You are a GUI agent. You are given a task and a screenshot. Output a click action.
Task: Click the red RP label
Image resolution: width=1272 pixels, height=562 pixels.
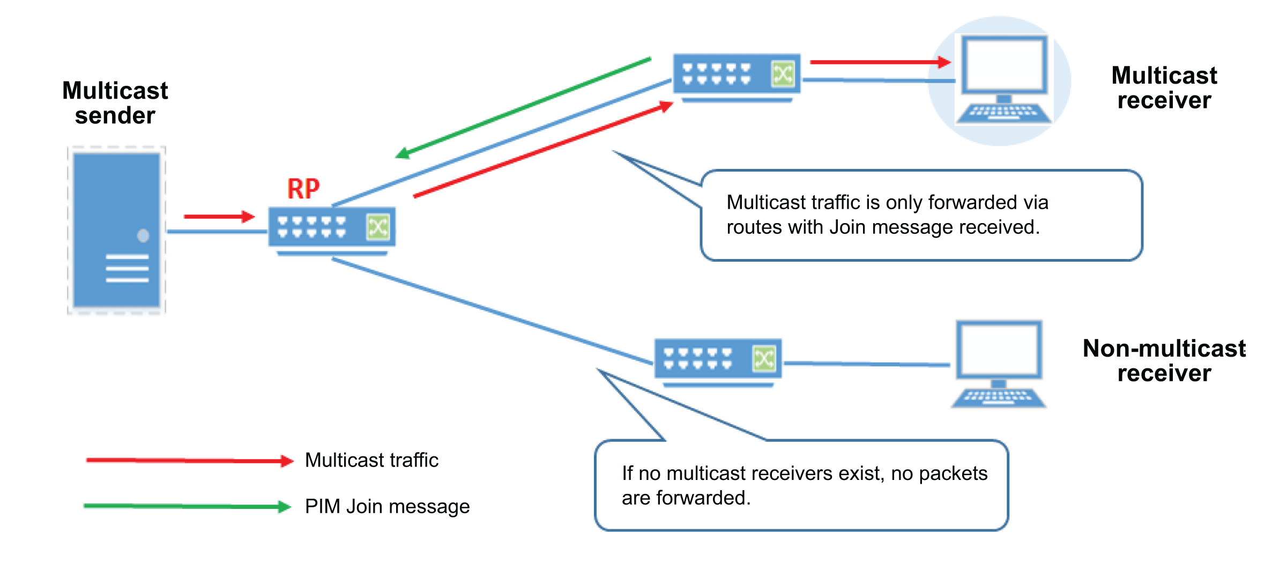303,189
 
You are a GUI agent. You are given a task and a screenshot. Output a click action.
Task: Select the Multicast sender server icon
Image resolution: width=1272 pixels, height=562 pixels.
116,231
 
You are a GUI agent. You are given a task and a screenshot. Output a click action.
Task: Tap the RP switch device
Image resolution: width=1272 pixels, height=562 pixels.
332,228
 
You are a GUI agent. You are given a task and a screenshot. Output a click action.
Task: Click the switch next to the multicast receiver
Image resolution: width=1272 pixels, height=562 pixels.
737,75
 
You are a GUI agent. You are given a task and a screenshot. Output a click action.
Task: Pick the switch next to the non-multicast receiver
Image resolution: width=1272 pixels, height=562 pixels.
718,360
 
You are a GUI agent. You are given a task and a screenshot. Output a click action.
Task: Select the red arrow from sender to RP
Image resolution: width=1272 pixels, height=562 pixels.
219,217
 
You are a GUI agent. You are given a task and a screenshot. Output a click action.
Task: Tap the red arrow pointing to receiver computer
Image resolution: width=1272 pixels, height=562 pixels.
880,62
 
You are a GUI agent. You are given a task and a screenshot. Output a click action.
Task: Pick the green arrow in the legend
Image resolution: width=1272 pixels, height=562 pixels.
188,506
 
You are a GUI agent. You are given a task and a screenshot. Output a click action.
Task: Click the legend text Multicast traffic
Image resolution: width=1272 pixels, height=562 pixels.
371,460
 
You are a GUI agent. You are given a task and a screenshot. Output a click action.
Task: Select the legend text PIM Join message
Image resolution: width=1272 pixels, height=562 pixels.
387,506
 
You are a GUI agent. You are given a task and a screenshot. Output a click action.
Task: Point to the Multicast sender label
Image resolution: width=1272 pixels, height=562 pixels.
115,103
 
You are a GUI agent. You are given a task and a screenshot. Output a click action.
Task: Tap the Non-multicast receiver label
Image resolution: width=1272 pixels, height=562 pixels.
1164,361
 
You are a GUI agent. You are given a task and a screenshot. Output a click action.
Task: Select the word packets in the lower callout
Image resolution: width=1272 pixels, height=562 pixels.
953,474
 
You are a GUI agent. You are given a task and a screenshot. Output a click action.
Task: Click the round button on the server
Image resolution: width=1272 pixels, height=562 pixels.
143,235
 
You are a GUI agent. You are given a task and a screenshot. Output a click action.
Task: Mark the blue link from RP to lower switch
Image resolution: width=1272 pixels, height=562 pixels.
492,312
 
